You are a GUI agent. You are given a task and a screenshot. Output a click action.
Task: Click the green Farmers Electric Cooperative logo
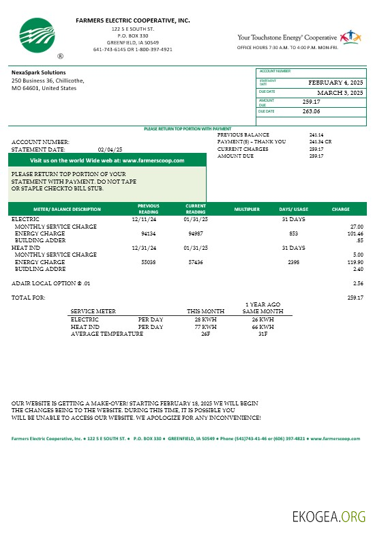tap(39, 35)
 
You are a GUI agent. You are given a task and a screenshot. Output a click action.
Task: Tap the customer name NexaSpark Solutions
tap(39, 72)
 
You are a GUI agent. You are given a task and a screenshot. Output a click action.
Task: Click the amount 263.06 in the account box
tap(312, 111)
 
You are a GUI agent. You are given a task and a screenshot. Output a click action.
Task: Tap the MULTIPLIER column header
tap(247, 208)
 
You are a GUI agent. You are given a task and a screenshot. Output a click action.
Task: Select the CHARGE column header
tap(340, 208)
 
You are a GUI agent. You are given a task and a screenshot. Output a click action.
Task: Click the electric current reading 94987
tap(196, 233)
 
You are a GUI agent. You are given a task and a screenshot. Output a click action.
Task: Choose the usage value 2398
tap(294, 261)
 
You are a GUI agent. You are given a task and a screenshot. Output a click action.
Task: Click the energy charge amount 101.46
tap(355, 233)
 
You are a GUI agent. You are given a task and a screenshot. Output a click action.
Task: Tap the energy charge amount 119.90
tap(355, 261)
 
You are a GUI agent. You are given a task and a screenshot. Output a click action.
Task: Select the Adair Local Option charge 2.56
tap(358, 283)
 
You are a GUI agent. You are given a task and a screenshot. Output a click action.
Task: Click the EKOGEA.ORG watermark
tap(329, 515)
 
